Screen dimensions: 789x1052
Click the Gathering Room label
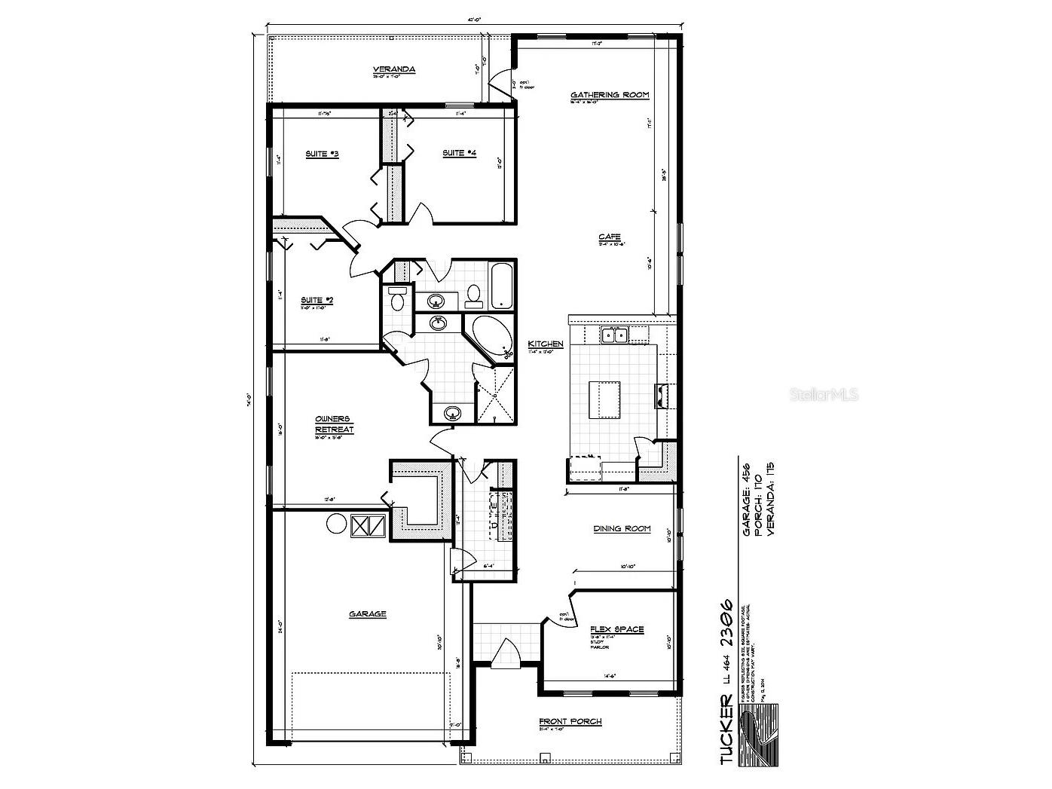[609, 95]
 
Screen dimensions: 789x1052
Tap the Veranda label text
[394, 70]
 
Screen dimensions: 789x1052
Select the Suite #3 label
[322, 154]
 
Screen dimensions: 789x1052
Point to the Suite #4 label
[459, 153]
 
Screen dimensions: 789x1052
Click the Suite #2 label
[317, 300]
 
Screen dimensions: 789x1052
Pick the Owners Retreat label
[334, 424]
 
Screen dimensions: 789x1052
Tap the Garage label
[367, 614]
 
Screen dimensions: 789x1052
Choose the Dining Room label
[622, 529]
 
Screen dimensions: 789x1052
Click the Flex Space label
[617, 629]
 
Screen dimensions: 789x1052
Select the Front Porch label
[570, 722]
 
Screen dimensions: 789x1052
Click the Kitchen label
[546, 344]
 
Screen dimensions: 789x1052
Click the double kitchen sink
[614, 335]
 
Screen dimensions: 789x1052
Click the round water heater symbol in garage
[335, 524]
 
